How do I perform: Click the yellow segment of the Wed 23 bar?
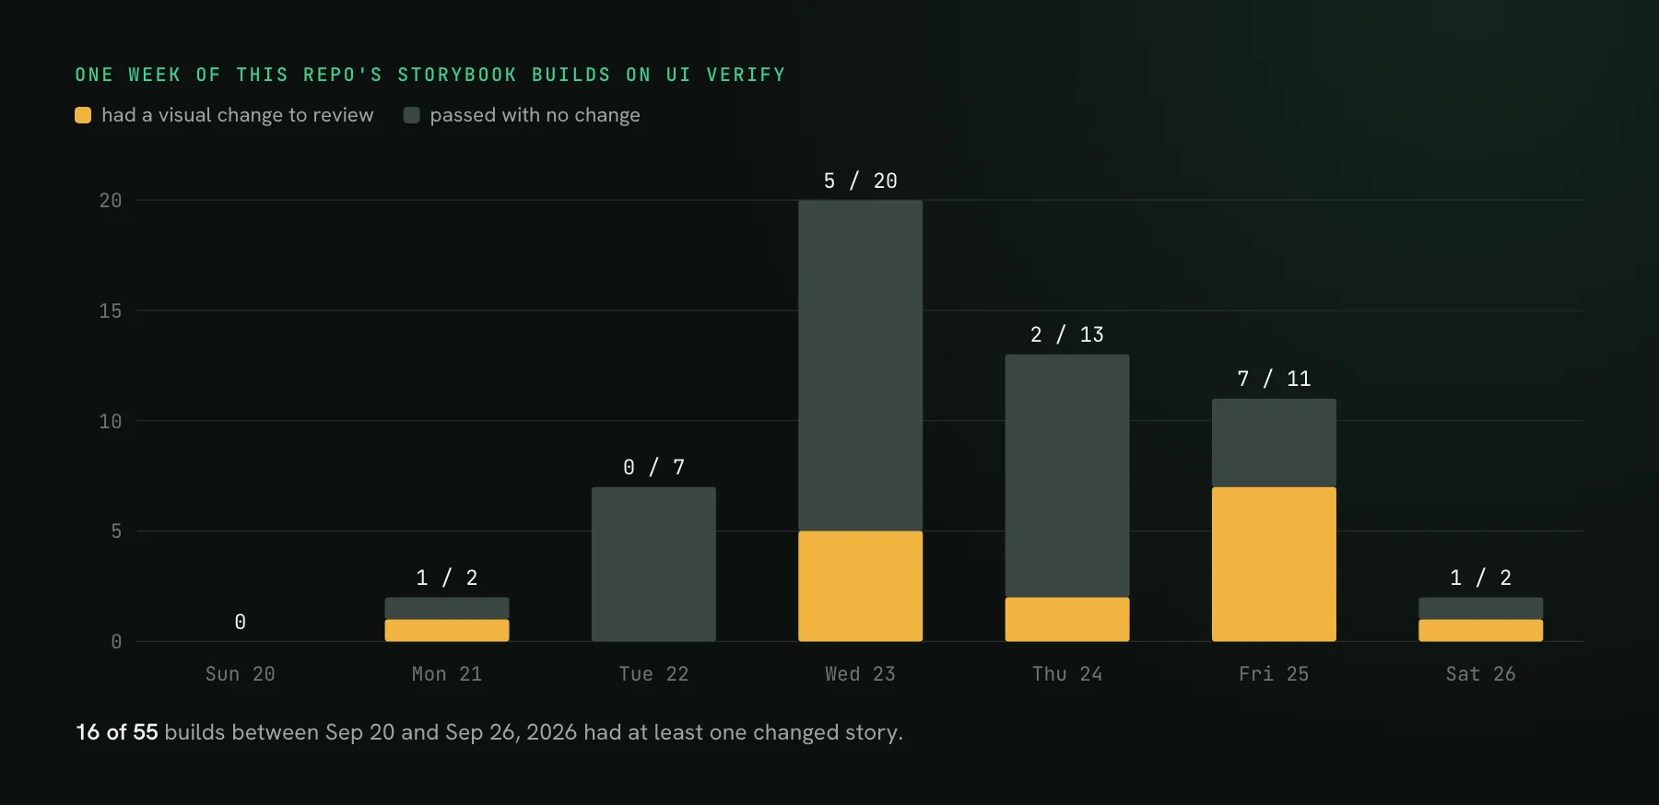[860, 586]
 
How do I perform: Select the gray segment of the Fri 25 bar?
[1274, 443]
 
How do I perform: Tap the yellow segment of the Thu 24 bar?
[1067, 619]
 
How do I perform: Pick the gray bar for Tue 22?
[653, 564]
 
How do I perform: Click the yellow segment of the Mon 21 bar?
[447, 630]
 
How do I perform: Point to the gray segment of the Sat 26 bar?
[1480, 609]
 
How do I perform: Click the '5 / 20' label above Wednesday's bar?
[860, 181]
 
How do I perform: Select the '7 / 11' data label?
[1274, 379]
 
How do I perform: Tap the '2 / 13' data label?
[1067, 334]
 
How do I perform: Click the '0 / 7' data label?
[653, 467]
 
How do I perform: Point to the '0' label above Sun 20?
[241, 622]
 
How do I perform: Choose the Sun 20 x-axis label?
[241, 674]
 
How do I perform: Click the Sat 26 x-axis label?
[1480, 674]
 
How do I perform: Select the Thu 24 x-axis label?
[1067, 674]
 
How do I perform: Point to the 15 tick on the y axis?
[111, 311]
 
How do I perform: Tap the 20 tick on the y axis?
[111, 201]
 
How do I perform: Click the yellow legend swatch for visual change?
[83, 115]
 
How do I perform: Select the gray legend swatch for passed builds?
[412, 115]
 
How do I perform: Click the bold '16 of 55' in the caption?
[117, 732]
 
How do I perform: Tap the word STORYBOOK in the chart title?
[457, 75]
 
